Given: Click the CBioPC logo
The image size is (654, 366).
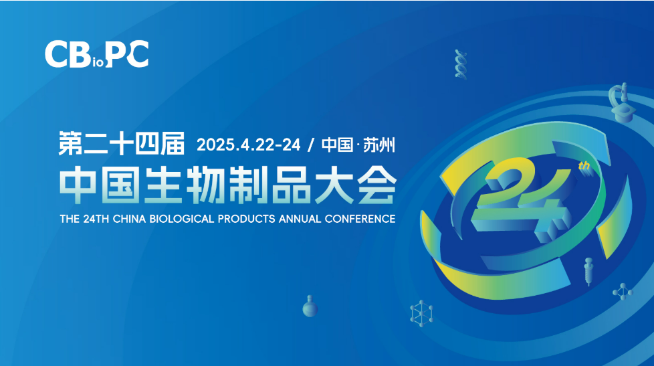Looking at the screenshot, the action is [96, 54].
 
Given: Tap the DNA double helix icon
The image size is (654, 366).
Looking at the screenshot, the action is [461, 64].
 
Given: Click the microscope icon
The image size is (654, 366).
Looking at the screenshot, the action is [621, 102].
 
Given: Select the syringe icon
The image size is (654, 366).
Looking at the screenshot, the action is [588, 271].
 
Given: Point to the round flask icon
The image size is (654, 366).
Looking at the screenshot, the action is [310, 306].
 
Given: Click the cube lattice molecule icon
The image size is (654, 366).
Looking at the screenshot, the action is [421, 313].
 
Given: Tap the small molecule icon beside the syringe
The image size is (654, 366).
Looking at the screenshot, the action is [623, 292].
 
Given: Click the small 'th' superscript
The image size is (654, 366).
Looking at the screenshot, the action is [584, 166].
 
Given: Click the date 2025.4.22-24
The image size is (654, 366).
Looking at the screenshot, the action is [249, 145].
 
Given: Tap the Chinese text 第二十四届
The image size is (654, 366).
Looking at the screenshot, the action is [122, 143].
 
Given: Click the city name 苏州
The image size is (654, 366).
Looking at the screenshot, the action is [378, 145].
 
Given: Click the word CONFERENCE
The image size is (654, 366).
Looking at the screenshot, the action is [360, 219].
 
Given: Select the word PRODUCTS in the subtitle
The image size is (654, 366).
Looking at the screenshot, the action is [247, 219].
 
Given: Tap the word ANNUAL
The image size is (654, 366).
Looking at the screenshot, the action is [300, 219].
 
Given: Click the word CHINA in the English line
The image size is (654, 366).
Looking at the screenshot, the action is [129, 219].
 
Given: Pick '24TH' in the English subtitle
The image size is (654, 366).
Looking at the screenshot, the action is [96, 219].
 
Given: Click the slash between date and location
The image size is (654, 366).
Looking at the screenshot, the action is [310, 145].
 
